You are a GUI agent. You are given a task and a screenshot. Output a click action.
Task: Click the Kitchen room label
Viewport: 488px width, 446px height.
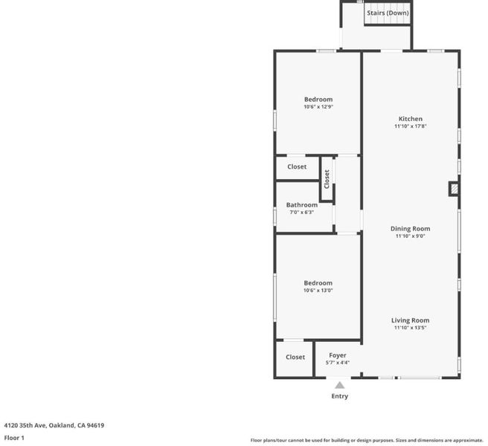pyautogui.click(x=410, y=119)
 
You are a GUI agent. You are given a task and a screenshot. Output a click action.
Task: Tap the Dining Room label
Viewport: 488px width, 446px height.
pyautogui.click(x=410, y=229)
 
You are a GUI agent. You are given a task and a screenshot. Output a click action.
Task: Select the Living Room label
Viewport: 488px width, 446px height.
pyautogui.click(x=410, y=320)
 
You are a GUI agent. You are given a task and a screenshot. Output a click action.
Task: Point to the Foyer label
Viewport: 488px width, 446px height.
pyautogui.click(x=338, y=355)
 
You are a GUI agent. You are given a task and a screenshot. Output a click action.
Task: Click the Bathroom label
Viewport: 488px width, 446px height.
pyautogui.click(x=302, y=205)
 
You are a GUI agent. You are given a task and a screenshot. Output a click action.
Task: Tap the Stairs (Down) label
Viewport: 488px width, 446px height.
pyautogui.click(x=388, y=13)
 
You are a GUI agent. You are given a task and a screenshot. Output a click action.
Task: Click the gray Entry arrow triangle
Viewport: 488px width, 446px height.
pyautogui.click(x=339, y=385)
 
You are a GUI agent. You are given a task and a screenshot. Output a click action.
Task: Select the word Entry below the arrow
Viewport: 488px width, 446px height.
pyautogui.click(x=339, y=396)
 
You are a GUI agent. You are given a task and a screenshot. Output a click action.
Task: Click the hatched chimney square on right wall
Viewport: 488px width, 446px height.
pyautogui.click(x=454, y=189)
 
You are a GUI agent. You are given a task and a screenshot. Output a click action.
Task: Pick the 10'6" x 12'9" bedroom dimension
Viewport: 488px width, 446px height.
pyautogui.click(x=318, y=107)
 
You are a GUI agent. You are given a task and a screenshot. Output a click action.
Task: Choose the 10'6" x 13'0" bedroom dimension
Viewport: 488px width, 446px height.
pyautogui.click(x=318, y=291)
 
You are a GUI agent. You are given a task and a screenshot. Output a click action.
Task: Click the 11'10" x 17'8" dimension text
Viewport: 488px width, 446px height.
pyautogui.click(x=410, y=126)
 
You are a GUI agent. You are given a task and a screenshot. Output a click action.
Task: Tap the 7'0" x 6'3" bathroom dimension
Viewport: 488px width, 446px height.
pyautogui.click(x=301, y=213)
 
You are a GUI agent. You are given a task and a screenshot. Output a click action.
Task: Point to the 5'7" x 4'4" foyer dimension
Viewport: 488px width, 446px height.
pyautogui.click(x=338, y=363)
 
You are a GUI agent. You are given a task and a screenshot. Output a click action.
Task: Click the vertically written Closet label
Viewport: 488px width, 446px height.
pyautogui.click(x=327, y=179)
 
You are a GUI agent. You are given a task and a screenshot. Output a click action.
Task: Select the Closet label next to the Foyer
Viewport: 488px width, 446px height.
pyautogui.click(x=295, y=357)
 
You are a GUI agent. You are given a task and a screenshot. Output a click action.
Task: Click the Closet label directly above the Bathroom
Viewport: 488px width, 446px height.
pyautogui.click(x=297, y=167)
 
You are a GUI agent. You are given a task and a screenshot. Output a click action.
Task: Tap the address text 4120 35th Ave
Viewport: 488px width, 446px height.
pyautogui.click(x=25, y=425)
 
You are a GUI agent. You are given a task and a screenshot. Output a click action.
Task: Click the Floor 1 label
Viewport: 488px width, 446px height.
pyautogui.click(x=14, y=438)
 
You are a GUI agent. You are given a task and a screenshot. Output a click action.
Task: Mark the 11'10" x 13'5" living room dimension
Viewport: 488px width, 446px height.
pyautogui.click(x=410, y=328)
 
